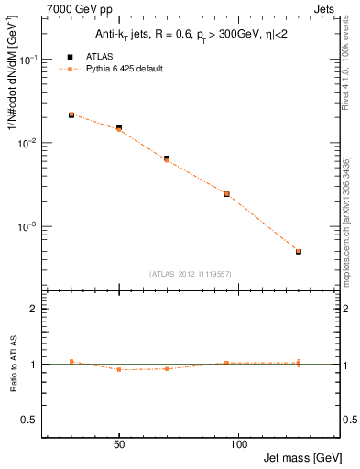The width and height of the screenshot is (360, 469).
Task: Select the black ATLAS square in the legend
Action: coord(70,56)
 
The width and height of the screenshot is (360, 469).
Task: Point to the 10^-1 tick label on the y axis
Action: coord(29,60)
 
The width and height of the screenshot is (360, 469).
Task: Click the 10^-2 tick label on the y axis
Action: coord(29,143)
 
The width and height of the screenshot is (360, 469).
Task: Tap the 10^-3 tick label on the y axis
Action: coord(29,226)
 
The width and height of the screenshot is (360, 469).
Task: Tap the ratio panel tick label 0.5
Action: coord(30,420)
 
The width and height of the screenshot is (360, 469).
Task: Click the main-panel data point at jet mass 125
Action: coord(299,251)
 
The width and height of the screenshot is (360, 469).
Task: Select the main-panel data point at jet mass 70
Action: coord(167,158)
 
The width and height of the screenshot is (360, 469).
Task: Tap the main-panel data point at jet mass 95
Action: coord(226,194)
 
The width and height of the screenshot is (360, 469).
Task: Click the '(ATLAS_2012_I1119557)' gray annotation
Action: coord(189,273)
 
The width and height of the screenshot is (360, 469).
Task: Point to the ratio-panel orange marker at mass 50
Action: coord(119,369)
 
